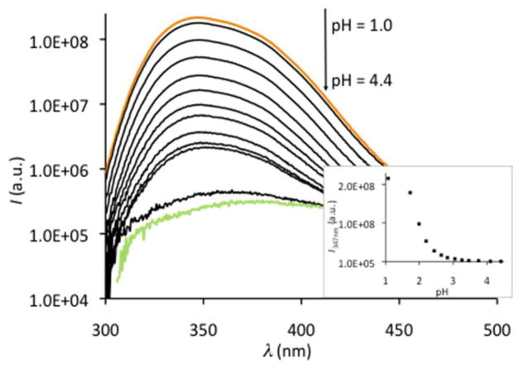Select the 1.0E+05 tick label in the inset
click(x=357, y=261)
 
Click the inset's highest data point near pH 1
click(x=387, y=177)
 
